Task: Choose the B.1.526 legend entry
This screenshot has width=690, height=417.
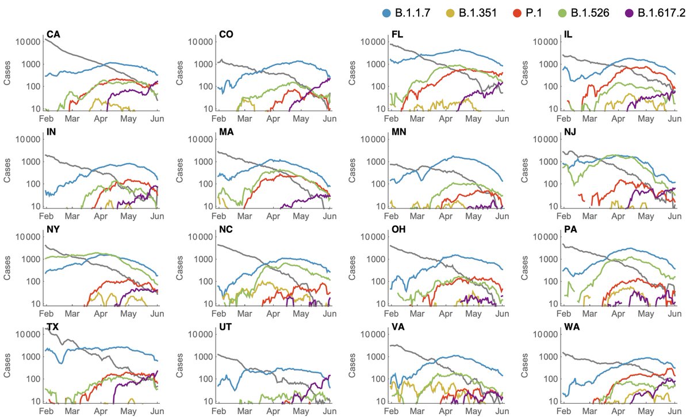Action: tap(593, 13)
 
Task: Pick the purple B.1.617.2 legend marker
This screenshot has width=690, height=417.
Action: tap(629, 13)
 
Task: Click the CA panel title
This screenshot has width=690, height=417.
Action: tap(53, 35)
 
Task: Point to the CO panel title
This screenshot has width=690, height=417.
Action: tap(226, 35)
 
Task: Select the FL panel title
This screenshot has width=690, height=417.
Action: tap(397, 35)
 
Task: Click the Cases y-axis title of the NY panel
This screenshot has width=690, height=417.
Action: tap(8, 271)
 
